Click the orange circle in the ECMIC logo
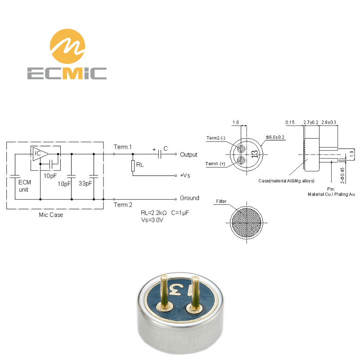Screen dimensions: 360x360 67,46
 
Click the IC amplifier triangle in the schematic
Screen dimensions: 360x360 40,154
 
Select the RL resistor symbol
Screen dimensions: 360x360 133,166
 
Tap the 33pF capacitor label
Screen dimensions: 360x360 85,184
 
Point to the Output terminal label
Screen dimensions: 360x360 189,154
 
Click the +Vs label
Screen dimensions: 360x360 185,175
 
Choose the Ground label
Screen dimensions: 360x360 189,198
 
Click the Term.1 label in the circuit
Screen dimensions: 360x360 122,147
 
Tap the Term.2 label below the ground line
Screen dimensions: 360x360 123,205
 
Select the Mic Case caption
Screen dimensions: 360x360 51,215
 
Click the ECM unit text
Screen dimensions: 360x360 24,186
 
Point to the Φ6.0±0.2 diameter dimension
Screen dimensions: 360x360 275,137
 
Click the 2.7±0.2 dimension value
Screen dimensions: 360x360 311,122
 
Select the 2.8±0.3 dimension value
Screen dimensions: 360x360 328,122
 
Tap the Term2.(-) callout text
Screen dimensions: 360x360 216,138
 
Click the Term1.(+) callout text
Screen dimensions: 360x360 215,164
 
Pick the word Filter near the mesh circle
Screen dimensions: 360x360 221,201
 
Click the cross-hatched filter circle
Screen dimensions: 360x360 247,223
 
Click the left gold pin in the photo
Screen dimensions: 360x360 164,292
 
